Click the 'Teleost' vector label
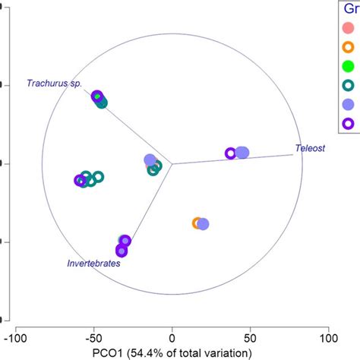(x=312, y=149)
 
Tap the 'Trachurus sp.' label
(x=54, y=83)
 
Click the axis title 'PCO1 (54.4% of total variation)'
(x=172, y=352)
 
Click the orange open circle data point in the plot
(x=197, y=223)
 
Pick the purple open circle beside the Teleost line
(x=230, y=153)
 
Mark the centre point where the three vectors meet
(x=172, y=163)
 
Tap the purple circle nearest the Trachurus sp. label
(x=97, y=96)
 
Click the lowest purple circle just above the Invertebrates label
(x=121, y=251)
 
